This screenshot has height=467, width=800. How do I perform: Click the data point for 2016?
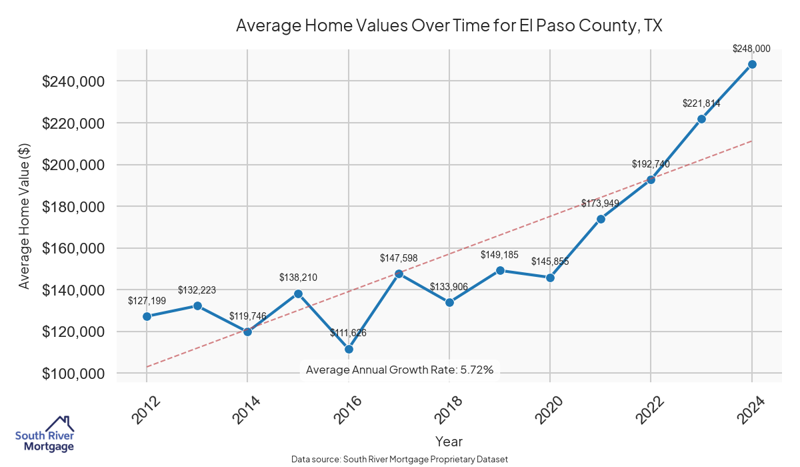tap(349, 349)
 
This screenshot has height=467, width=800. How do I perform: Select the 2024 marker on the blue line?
tap(752, 64)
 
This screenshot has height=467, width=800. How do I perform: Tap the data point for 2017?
tap(399, 274)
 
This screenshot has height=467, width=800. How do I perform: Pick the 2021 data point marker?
tap(601, 219)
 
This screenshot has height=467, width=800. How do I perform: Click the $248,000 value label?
tap(751, 49)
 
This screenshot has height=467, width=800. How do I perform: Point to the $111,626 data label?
tap(348, 333)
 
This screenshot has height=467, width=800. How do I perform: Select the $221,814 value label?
tap(701, 103)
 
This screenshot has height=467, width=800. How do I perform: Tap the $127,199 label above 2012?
tap(147, 301)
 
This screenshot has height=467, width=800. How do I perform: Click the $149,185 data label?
tap(499, 255)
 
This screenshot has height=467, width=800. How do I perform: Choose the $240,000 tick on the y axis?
tap(73, 81)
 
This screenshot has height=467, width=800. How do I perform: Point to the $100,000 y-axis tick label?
tap(73, 374)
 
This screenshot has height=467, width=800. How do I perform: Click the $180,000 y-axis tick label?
tap(73, 207)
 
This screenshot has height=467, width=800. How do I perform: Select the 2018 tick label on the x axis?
tap(445, 411)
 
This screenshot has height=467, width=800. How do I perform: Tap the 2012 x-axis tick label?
tap(142, 411)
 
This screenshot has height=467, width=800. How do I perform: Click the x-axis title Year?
tap(449, 441)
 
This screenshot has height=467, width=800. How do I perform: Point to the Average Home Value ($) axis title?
tap(24, 216)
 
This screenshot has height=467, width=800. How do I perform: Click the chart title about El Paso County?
tap(449, 26)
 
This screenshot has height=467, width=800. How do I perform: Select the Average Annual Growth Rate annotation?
tap(399, 370)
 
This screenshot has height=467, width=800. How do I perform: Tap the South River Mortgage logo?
tap(45, 434)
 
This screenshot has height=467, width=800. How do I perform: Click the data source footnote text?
tap(400, 459)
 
